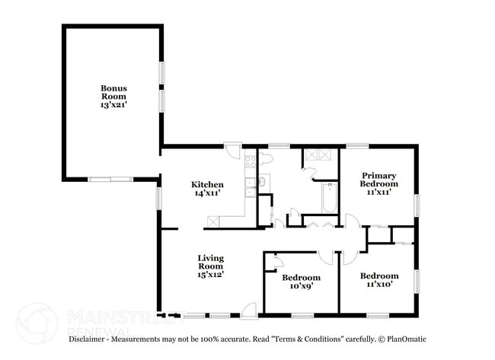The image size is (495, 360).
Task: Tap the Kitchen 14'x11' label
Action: point(206,189)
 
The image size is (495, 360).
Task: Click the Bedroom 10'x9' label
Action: point(301,282)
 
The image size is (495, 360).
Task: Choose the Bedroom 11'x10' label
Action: point(378,279)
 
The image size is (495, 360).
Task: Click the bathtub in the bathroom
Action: point(329,198)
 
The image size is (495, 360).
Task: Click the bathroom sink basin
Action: point(263,181)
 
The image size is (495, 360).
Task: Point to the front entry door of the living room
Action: point(247,309)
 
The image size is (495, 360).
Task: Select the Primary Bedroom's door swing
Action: point(351,222)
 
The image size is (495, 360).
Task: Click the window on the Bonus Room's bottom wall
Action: point(110,180)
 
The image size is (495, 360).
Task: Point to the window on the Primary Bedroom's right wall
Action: point(416,205)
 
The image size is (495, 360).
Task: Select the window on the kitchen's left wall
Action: point(159,198)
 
